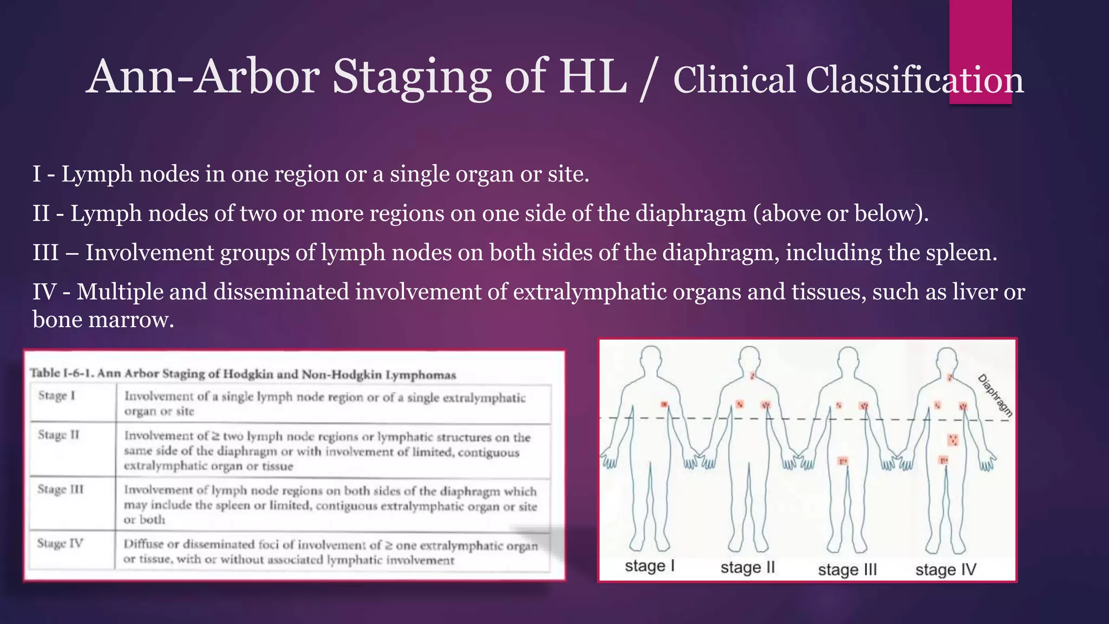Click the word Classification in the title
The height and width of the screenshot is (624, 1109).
pyautogui.click(x=915, y=80)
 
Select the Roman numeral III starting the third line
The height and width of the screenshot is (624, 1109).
pyautogui.click(x=45, y=253)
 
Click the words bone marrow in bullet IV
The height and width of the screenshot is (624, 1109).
pyautogui.click(x=103, y=320)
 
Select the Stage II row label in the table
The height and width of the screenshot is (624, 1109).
pyautogui.click(x=58, y=435)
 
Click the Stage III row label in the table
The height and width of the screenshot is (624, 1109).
pyautogui.click(x=61, y=489)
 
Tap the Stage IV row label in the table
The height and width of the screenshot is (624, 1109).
pyautogui.click(x=60, y=543)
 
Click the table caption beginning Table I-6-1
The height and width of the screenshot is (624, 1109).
pyautogui.click(x=243, y=374)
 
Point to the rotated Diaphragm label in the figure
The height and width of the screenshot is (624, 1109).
pyautogui.click(x=995, y=395)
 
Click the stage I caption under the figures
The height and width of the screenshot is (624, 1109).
pyautogui.click(x=649, y=566)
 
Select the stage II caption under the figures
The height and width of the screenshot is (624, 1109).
pyautogui.click(x=747, y=568)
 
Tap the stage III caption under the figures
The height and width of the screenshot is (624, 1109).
pyautogui.click(x=847, y=570)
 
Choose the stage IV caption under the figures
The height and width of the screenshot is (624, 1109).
pyautogui.click(x=945, y=570)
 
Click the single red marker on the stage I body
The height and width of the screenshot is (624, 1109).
pyautogui.click(x=664, y=405)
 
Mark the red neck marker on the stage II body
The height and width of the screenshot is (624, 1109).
pyautogui.click(x=753, y=375)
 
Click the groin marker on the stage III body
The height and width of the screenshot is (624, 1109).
pyautogui.click(x=843, y=461)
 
